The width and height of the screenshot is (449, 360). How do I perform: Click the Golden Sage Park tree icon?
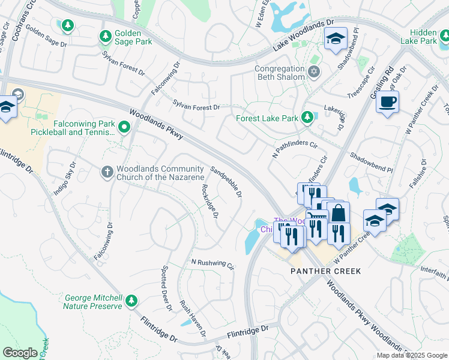click(x=106, y=37)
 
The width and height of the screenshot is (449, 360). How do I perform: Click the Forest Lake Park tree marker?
click(x=307, y=116)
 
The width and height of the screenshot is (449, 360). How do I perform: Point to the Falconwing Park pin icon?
click(x=124, y=127)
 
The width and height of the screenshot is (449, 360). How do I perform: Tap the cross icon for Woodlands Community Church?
click(x=107, y=173)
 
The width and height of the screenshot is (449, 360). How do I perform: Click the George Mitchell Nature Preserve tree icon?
click(x=131, y=300)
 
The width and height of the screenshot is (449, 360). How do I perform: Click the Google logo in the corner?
click(x=20, y=352)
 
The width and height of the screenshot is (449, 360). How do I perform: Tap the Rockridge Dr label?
click(x=210, y=201)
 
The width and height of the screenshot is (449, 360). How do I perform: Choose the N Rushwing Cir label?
click(x=212, y=263)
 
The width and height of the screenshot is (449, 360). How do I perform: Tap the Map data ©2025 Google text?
click(x=411, y=355)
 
